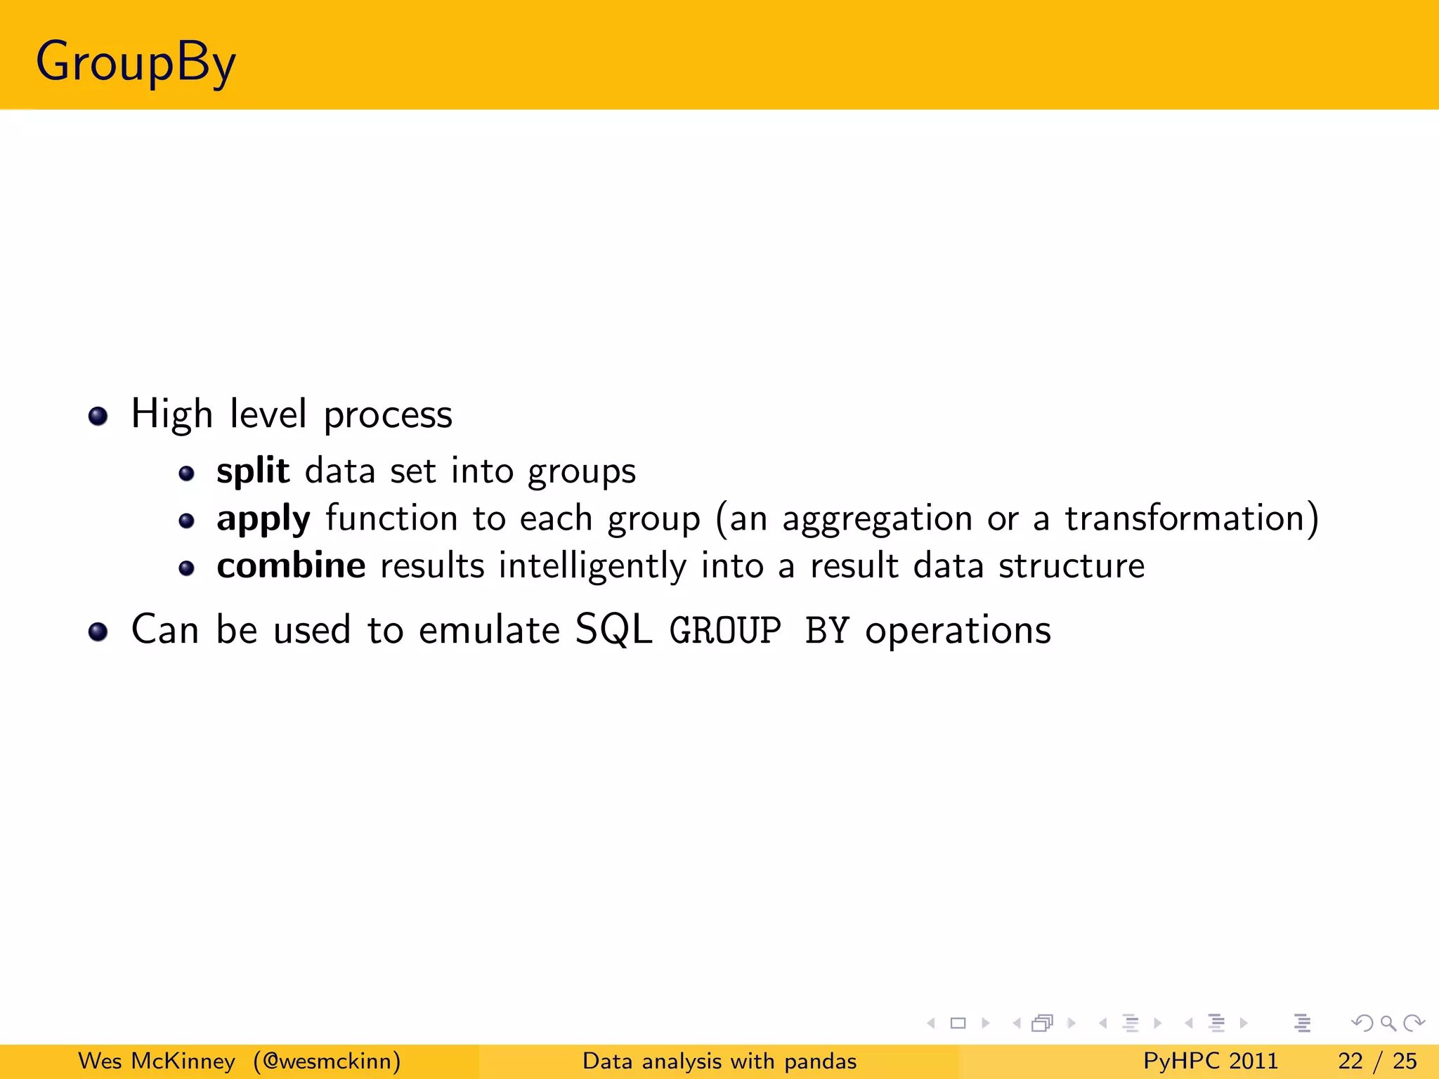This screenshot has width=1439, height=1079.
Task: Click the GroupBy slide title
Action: pos(136,62)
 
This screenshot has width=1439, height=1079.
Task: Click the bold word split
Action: pos(252,470)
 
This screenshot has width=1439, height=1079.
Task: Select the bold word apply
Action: pos(263,520)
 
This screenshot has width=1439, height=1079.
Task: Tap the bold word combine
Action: pos(291,565)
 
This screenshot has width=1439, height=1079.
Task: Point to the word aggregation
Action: pos(877,520)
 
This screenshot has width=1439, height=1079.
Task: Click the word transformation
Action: pos(1185,518)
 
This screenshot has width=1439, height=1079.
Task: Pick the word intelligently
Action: pos(592,566)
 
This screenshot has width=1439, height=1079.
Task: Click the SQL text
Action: pos(613,629)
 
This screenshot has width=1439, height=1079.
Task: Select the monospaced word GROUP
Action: pos(725,629)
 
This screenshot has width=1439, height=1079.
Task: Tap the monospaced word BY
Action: pos(827,629)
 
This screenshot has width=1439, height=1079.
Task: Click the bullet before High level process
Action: pos(98,416)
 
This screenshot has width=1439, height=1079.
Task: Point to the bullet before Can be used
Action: pos(98,632)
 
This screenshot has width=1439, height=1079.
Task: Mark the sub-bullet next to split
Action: pos(186,474)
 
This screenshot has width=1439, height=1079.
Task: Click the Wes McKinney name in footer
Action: pos(156,1061)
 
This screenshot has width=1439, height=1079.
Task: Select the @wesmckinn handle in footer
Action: pos(327,1061)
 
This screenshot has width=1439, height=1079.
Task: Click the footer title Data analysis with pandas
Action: pos(719,1061)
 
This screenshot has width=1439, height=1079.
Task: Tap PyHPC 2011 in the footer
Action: pos(1210,1061)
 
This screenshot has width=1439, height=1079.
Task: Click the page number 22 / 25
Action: pos(1377,1061)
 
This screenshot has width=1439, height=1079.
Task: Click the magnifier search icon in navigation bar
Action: pos(1388,1024)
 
